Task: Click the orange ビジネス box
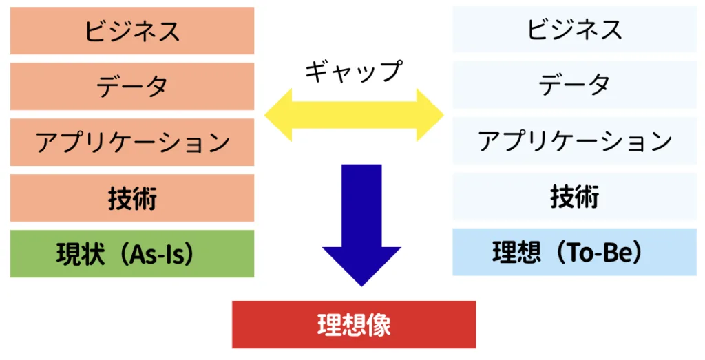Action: [132, 30]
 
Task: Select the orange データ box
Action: [132, 86]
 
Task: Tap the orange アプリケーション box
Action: [132, 142]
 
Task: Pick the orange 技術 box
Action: [132, 198]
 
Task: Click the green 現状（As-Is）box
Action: [132, 254]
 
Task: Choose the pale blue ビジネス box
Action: [574, 29]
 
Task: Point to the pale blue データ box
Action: [574, 85]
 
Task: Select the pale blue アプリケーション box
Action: [574, 140]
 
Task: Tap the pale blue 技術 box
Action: [574, 197]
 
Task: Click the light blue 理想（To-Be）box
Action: [574, 253]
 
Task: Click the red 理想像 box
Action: [354, 324]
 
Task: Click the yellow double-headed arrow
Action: [354, 114]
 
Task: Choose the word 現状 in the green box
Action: [81, 254]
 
